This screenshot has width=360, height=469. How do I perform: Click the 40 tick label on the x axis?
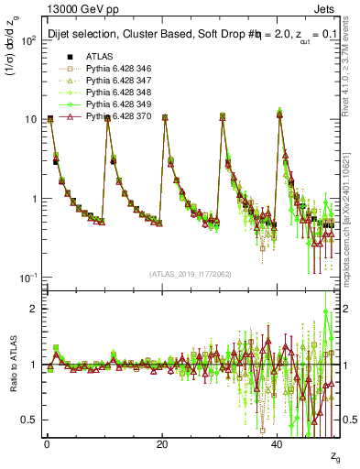(278, 444)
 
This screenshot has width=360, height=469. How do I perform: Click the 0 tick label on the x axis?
(47, 444)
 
